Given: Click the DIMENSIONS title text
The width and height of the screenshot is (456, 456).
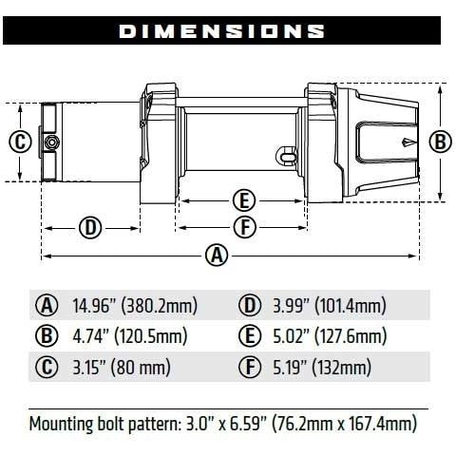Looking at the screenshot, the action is (x=221, y=31).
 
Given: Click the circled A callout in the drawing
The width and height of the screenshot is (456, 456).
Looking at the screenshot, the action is (x=217, y=256).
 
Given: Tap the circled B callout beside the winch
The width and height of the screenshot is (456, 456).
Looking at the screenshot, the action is (x=441, y=142).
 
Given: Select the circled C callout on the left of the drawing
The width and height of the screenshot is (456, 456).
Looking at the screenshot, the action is (x=20, y=142).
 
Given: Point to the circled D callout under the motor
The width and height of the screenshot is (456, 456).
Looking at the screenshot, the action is (x=90, y=228).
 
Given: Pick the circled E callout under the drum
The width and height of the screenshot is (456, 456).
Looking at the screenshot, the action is (x=244, y=200).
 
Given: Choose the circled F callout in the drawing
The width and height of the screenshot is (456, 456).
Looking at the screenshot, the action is (x=245, y=227).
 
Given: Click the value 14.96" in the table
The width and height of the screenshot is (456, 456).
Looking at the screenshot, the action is (x=93, y=305).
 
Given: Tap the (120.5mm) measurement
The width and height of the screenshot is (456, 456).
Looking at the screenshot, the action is (x=151, y=336).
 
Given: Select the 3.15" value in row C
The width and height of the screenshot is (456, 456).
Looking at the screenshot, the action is (x=89, y=367).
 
